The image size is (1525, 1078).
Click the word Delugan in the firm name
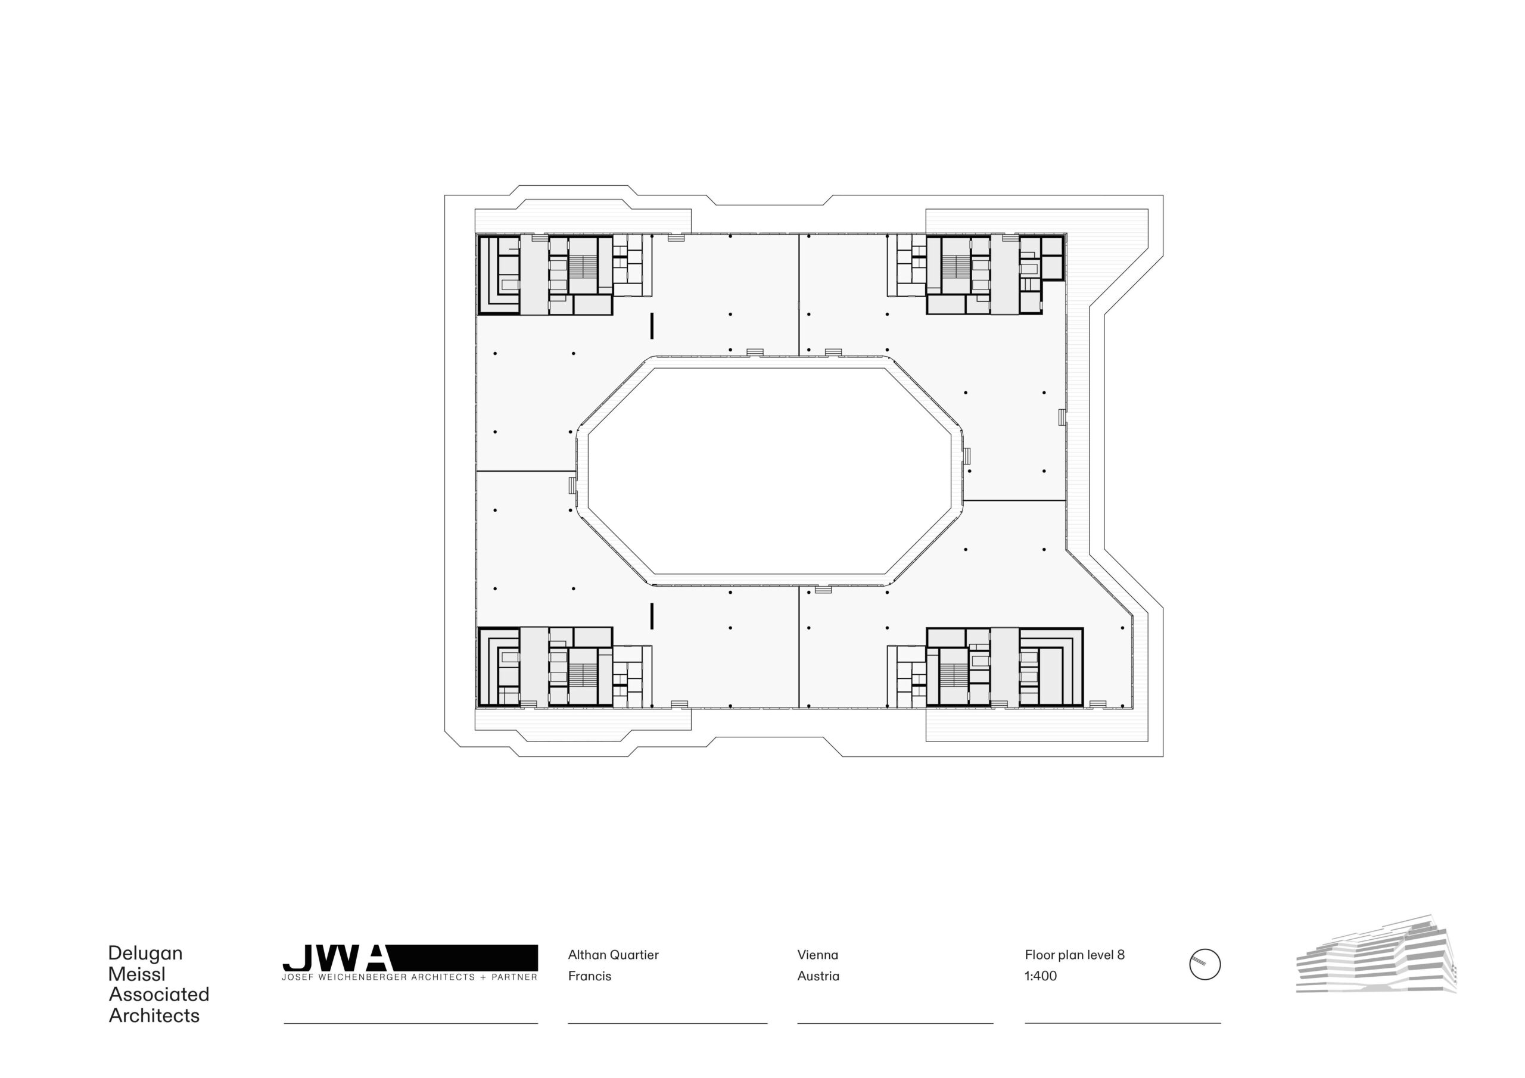point(145,954)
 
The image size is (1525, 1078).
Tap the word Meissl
point(137,974)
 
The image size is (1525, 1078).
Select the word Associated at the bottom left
point(158,994)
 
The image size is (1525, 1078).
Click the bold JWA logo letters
point(336,958)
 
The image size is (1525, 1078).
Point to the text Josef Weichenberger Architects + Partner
point(410,977)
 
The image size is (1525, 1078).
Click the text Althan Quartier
point(613,955)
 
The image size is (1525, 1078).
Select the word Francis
point(589,976)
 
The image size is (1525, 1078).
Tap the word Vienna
point(818,955)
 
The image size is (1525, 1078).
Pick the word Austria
point(818,976)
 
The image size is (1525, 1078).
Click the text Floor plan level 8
point(1075,955)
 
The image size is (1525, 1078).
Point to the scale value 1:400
point(1041,976)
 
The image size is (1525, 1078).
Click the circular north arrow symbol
point(1204,964)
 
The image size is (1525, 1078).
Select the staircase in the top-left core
point(583,267)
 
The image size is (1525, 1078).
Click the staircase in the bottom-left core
point(583,675)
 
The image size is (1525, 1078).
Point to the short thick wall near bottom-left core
point(652,616)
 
